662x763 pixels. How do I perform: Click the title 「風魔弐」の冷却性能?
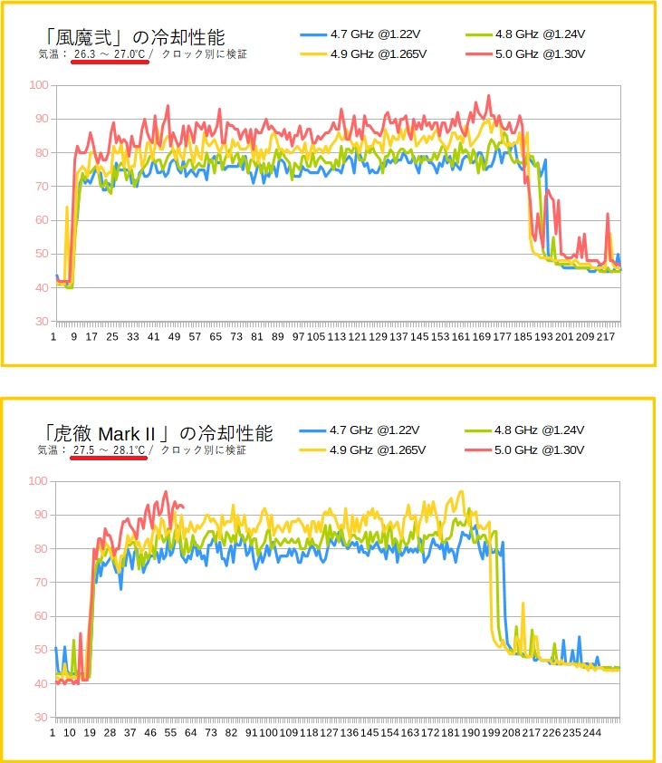[134, 36]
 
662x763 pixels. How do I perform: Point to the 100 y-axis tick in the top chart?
[38, 85]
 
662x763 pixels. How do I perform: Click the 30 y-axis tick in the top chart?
[41, 322]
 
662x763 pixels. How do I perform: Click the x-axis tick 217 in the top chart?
[606, 337]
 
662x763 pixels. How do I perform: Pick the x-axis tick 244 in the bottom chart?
[591, 732]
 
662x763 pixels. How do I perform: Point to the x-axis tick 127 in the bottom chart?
[330, 732]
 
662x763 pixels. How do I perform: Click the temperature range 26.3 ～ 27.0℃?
[109, 54]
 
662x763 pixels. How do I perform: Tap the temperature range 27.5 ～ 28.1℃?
[109, 449]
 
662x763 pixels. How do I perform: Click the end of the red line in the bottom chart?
[184, 507]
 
